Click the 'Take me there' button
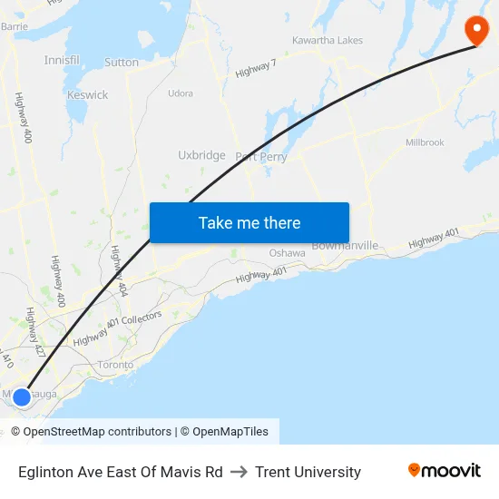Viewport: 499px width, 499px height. pos(249,222)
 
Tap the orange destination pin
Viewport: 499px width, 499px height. pos(476,30)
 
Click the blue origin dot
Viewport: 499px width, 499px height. pos(22,396)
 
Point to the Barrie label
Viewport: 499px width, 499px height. pos(15,26)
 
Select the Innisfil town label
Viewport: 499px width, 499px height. pos(62,59)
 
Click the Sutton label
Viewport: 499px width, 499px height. pos(122,63)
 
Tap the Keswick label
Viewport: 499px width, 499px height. pos(87,94)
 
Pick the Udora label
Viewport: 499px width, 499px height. pos(181,93)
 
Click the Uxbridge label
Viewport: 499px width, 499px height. pos(201,155)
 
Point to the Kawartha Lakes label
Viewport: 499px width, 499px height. pos(328,41)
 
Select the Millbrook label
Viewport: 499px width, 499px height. pos(425,142)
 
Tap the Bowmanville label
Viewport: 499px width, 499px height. pos(345,245)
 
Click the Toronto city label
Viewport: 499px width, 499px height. pos(115,365)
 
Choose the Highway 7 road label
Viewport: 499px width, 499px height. pos(255,67)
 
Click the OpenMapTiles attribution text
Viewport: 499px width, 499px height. pos(230,432)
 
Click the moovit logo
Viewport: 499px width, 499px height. pos(445,470)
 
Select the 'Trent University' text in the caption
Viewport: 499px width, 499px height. pos(308,472)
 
